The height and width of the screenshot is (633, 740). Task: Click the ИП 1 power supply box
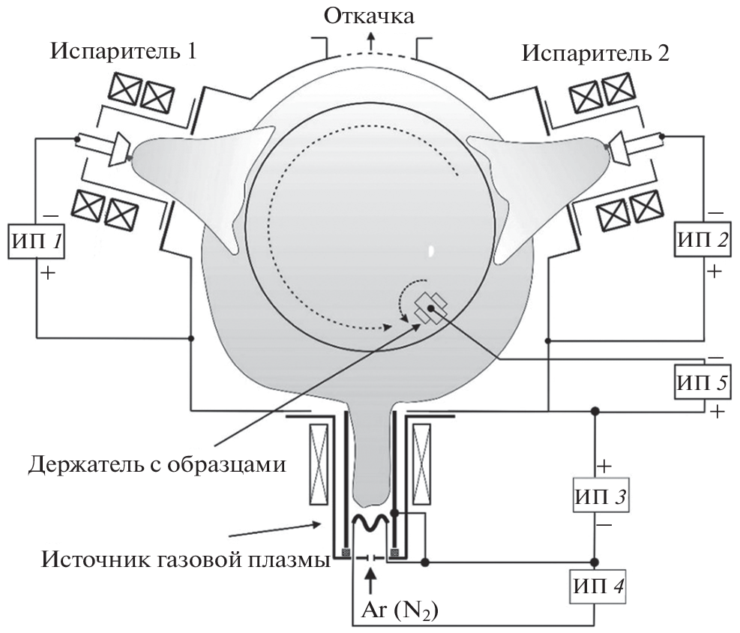point(35,243)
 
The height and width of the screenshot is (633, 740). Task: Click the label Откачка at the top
point(368,15)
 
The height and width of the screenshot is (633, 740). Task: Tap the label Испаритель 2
point(597,53)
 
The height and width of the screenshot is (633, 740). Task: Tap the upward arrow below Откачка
point(369,42)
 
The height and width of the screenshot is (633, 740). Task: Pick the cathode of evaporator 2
point(622,147)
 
